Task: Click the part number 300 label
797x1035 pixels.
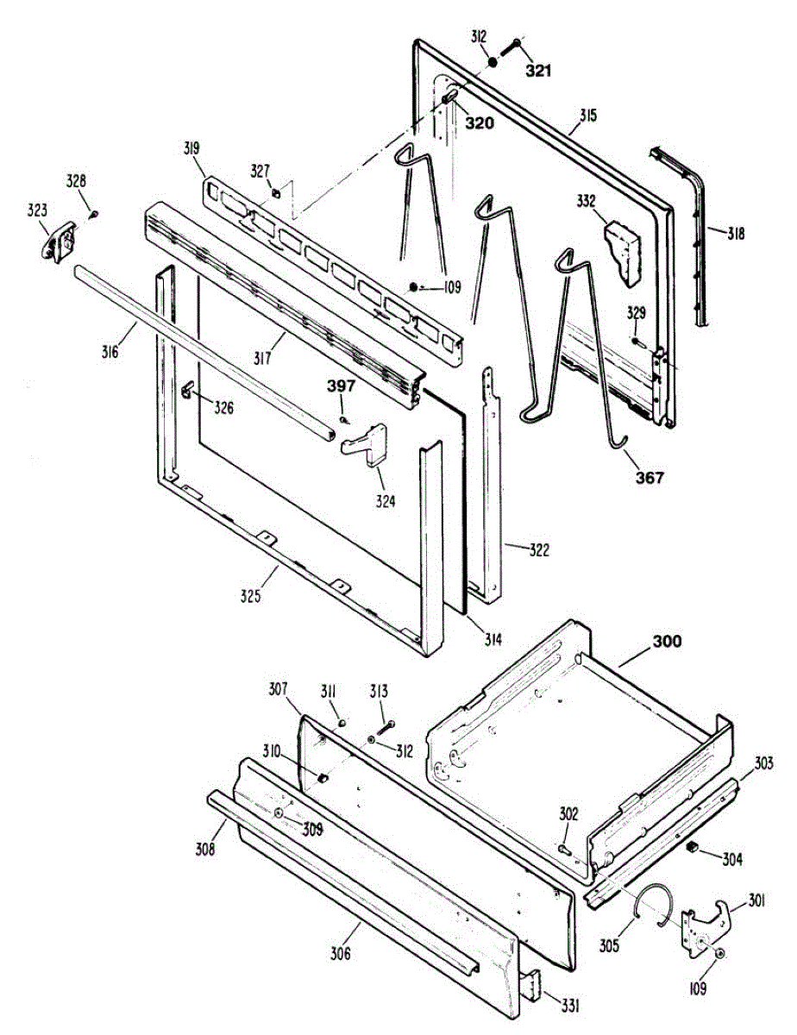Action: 666,641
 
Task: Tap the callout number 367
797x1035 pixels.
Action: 650,477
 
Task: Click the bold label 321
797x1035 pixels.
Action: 537,71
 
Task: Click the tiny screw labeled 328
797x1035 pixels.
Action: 96,212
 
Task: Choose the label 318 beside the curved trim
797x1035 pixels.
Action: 735,234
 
